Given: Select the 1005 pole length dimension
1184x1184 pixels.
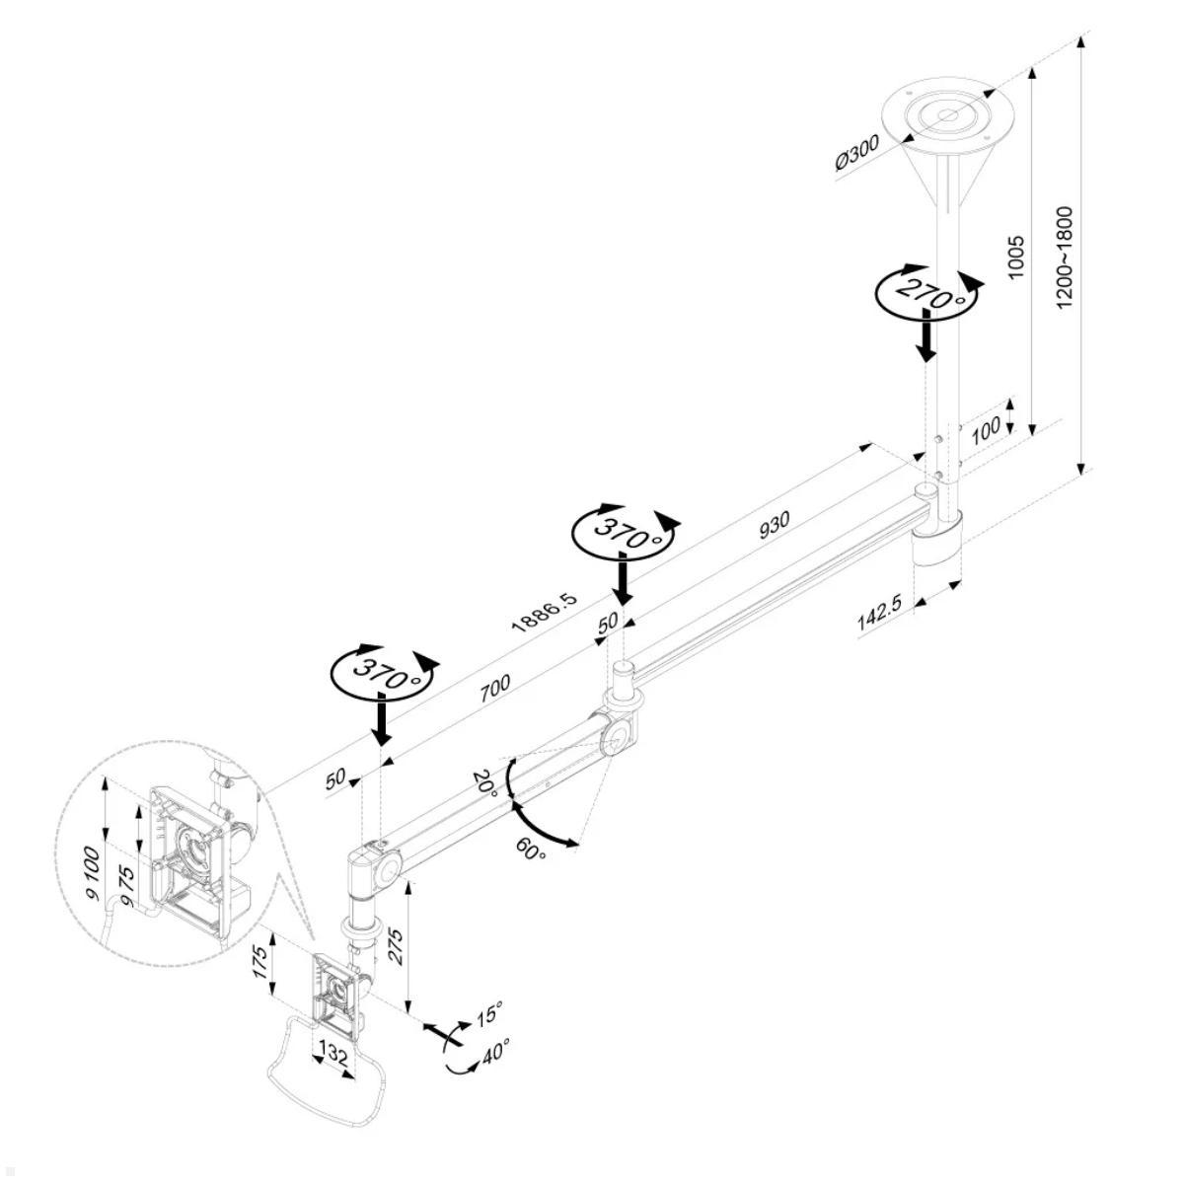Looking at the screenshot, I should pos(1017,256).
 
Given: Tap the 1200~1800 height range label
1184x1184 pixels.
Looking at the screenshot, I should pos(1065,257).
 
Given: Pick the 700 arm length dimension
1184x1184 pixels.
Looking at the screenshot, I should pos(495,688).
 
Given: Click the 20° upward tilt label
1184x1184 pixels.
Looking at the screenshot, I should pos(484,781).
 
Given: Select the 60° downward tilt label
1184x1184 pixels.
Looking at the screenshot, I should pos(530,849).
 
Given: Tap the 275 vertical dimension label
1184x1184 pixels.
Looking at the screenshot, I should pos(394,948).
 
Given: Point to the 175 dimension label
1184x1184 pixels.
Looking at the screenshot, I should pos(260,961).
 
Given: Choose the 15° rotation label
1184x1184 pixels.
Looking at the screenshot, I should pos(489,1013).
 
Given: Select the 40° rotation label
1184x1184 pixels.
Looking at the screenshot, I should pos(494,1053).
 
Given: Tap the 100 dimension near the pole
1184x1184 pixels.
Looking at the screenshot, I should pos(987,426).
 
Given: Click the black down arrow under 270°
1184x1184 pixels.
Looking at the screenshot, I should pos(925,337).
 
